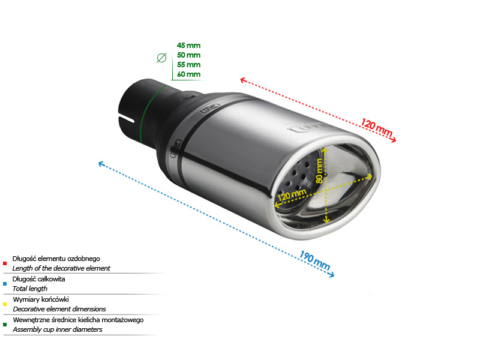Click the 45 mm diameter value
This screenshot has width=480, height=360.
coord(188,46)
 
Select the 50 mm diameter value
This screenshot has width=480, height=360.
coord(188,55)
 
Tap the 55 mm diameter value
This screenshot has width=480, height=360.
coord(188,65)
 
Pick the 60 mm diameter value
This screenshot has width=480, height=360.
coord(188,74)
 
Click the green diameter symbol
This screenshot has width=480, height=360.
coord(161,58)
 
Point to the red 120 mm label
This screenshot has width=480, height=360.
coord(377,127)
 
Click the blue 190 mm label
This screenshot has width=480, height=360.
coord(314,260)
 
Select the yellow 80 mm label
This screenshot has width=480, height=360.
coord(319,170)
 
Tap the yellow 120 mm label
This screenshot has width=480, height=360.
coord(292,194)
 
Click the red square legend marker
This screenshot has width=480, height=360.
coord(5,263)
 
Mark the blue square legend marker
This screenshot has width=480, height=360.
coord(5,284)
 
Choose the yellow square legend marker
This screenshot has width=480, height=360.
coord(5,304)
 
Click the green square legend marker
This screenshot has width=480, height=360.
coord(5,325)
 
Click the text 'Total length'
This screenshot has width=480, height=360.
coord(30,289)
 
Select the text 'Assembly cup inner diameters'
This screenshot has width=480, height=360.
coord(58,329)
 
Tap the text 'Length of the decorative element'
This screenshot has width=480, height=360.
coord(61,268)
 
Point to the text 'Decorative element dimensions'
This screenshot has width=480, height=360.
coord(59,309)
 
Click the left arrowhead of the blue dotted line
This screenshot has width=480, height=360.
coord(101,164)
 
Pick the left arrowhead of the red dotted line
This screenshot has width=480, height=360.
coord(244,80)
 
